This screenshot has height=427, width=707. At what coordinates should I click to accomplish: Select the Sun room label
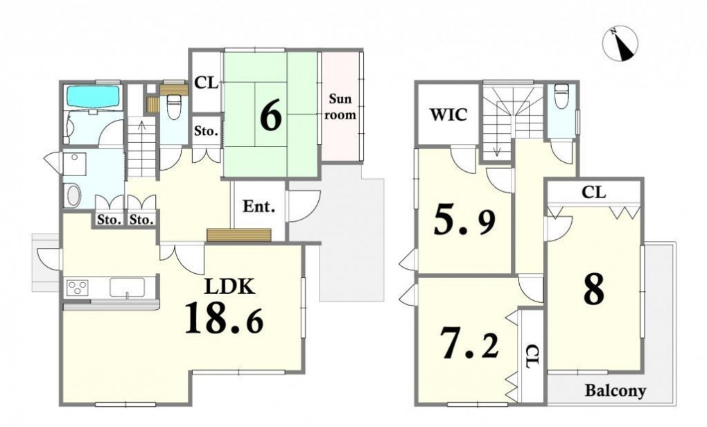click(x=340, y=107)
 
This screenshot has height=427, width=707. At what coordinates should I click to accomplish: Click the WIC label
click(x=448, y=115)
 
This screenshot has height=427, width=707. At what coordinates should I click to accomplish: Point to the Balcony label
click(x=616, y=390)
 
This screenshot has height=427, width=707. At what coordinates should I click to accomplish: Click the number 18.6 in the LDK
click(x=224, y=317)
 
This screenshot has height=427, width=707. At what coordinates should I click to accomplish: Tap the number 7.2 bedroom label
click(x=470, y=343)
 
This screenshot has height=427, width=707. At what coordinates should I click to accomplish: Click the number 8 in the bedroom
click(x=593, y=289)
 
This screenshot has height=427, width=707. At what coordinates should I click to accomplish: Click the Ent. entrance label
click(x=259, y=207)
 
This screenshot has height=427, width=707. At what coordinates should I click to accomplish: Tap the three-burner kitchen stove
click(x=78, y=288)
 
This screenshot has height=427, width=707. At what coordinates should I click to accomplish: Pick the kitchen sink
click(x=127, y=288)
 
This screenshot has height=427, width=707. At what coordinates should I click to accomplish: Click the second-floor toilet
click(x=561, y=96)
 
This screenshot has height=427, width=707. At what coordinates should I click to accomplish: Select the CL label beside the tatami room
click(x=206, y=83)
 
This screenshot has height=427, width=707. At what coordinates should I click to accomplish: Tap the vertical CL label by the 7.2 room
click(x=532, y=357)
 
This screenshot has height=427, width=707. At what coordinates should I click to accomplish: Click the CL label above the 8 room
click(x=593, y=193)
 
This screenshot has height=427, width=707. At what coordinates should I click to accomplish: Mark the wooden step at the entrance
click(x=239, y=235)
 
